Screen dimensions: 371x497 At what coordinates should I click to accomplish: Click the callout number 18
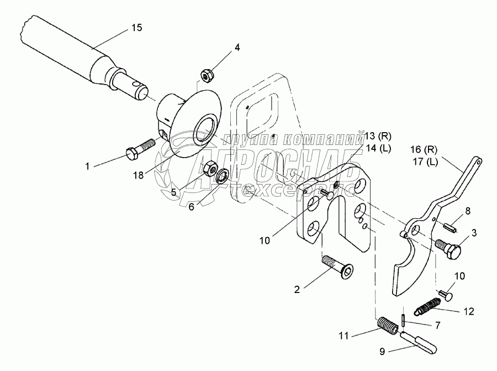[139, 175]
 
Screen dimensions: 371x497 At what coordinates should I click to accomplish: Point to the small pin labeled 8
[449, 226]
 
